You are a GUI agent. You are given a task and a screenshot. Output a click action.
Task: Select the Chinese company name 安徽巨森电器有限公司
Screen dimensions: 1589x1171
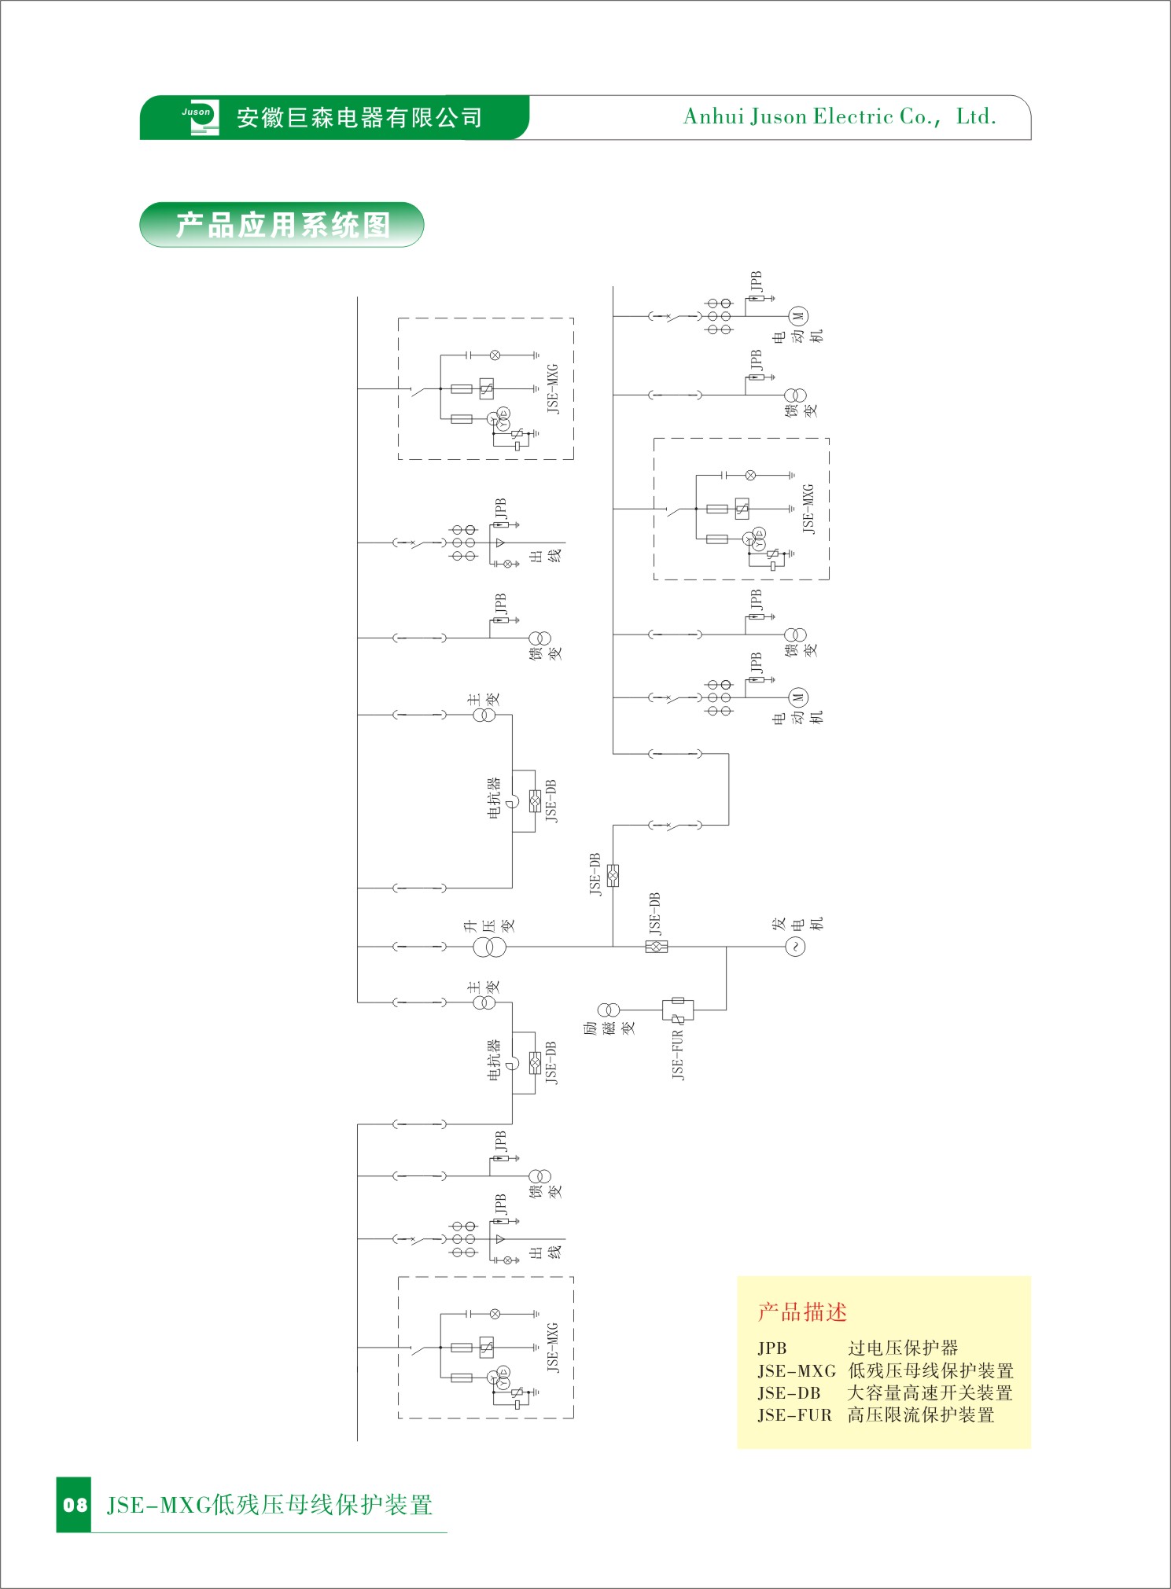[359, 118]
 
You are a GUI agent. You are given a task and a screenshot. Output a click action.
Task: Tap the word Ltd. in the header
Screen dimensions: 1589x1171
[976, 117]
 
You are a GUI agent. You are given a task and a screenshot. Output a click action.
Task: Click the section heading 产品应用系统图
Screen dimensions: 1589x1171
[282, 226]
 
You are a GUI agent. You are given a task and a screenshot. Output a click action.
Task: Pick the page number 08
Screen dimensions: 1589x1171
[75, 1505]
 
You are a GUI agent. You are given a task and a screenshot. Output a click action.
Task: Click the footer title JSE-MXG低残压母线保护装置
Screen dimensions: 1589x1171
[270, 1505]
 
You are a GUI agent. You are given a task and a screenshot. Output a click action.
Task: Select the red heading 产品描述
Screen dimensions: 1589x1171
[802, 1311]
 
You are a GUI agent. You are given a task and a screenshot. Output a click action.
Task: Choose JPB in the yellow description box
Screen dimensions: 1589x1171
[771, 1348]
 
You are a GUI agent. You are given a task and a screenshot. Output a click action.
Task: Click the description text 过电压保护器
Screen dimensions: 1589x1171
[903, 1348]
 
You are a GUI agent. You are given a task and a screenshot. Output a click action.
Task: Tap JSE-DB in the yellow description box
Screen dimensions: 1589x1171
[789, 1393]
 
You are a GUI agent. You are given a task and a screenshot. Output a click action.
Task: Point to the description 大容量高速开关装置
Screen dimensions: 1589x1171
[930, 1393]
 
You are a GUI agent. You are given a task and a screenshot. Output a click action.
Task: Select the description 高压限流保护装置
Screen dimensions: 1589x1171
[921, 1415]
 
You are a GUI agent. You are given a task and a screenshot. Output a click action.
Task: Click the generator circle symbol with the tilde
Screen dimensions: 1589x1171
[795, 947]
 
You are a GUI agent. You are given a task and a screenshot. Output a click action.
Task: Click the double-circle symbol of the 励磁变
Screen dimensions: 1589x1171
[608, 1010]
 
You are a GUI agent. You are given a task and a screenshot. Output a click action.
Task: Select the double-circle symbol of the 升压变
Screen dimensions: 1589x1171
[489, 947]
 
